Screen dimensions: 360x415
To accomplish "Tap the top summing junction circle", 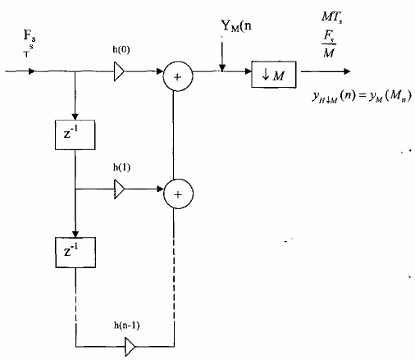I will point(176,76).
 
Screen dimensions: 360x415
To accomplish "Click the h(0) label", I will point(121,50).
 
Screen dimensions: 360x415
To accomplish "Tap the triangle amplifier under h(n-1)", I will point(130,349).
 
